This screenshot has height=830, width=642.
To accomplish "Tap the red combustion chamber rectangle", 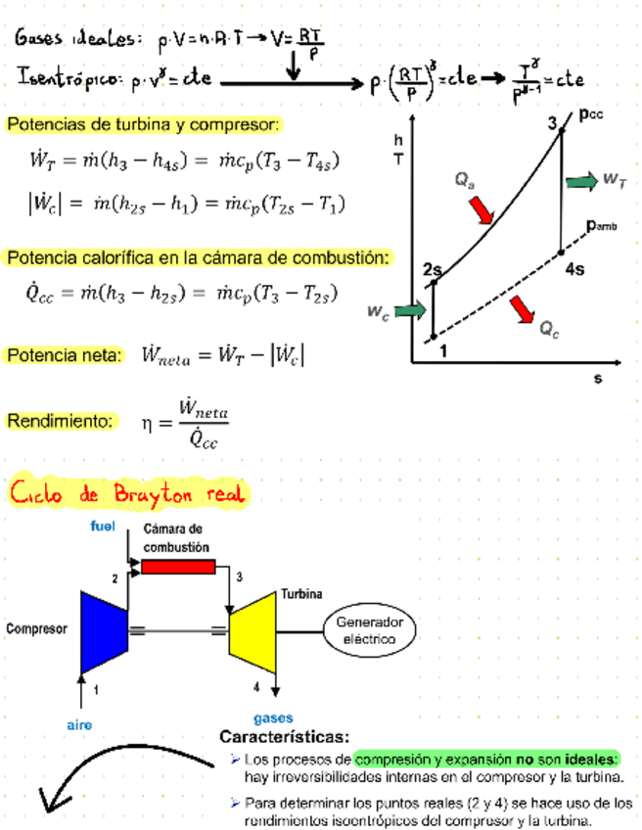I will [x=178, y=567].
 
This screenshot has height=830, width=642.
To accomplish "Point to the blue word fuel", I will [x=103, y=527].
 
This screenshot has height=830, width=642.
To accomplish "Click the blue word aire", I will [x=79, y=725].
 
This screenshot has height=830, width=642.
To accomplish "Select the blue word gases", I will [x=273, y=717].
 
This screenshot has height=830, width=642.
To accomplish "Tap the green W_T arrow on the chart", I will [x=581, y=180].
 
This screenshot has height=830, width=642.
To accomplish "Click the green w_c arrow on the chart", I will [x=412, y=310].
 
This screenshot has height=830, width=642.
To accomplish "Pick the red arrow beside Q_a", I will [x=481, y=209].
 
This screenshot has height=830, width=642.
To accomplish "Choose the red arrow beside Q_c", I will [x=522, y=310].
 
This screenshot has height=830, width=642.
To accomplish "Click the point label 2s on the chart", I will [x=434, y=268].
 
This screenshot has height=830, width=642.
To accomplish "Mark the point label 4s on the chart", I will [x=575, y=268].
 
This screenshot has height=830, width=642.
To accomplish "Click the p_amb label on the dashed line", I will [x=602, y=225].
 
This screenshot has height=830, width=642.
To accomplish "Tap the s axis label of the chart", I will [x=597, y=378].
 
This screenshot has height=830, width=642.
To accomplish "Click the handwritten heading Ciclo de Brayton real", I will [x=127, y=492].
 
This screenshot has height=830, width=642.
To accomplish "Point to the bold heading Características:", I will [x=284, y=736].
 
